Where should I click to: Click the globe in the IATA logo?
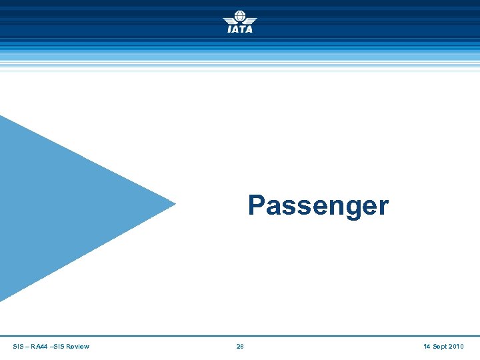pyautogui.click(x=240, y=16)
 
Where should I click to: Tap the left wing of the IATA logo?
pyautogui.click(x=229, y=19)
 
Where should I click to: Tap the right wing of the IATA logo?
pyautogui.click(x=251, y=19)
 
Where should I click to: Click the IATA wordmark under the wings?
pyautogui.click(x=240, y=29)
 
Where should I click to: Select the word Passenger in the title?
pyautogui.click(x=318, y=205)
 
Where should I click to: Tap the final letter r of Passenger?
pyautogui.click(x=383, y=207)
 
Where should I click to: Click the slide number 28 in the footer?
pyautogui.click(x=240, y=347)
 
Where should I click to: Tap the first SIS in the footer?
pyautogui.click(x=17, y=347)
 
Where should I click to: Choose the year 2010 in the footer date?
pyautogui.click(x=457, y=347)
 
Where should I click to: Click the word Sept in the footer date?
pyautogui.click(x=440, y=347)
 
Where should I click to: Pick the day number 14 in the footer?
pyautogui.click(x=427, y=347)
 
